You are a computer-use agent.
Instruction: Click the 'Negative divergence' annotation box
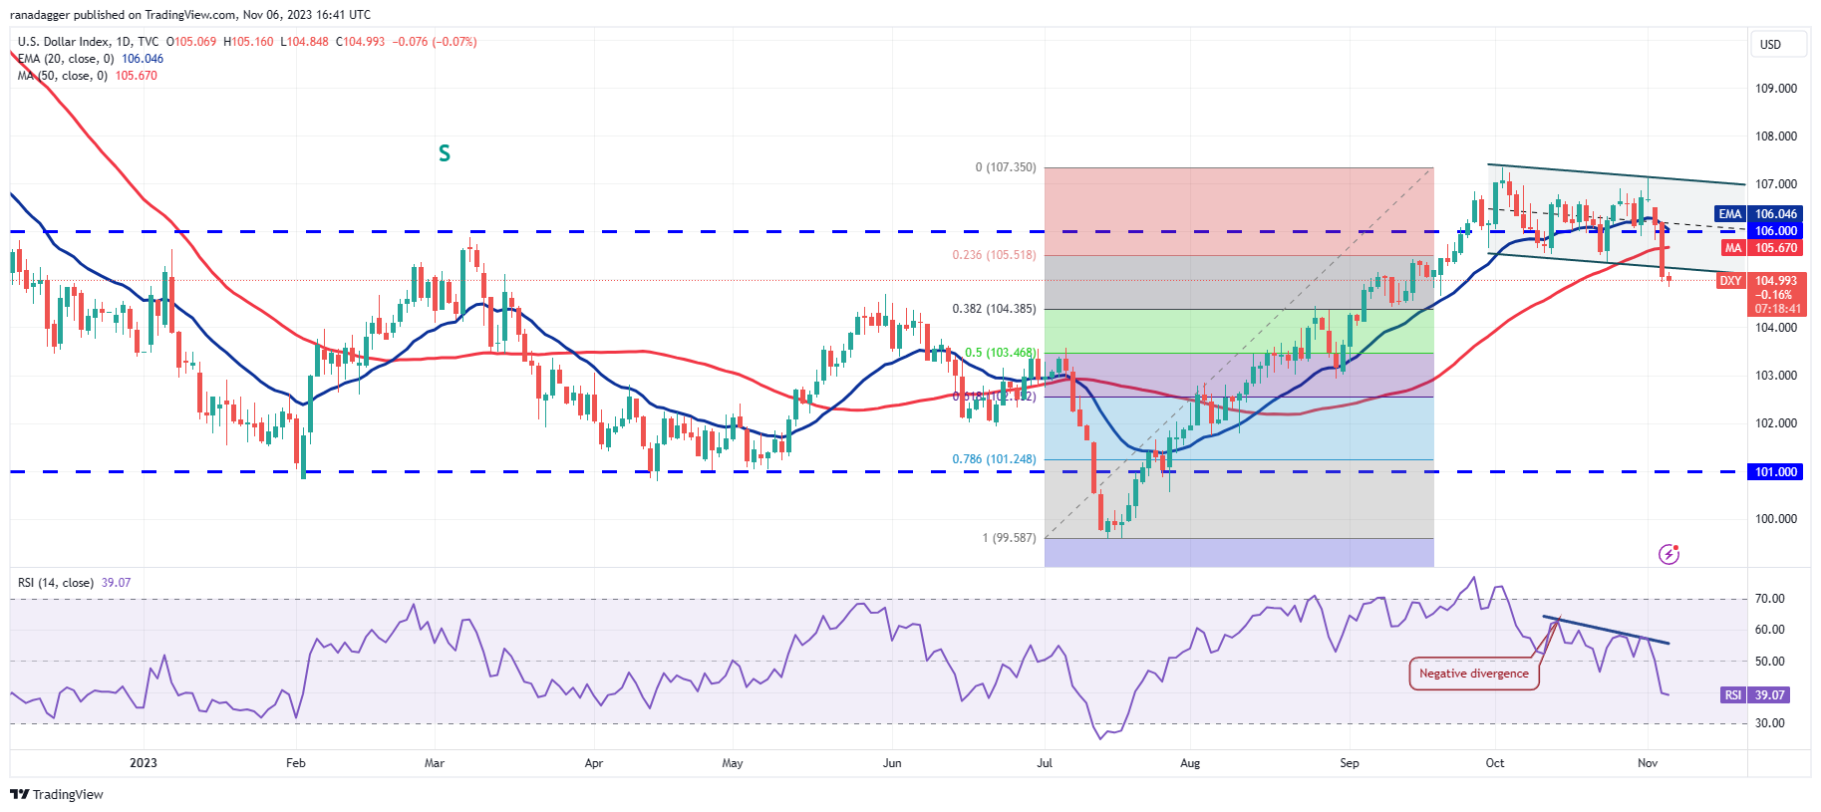pyautogui.click(x=1473, y=674)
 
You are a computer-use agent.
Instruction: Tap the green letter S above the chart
pyautogui.click(x=445, y=153)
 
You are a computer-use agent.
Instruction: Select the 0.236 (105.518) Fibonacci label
pyautogui.click(x=994, y=255)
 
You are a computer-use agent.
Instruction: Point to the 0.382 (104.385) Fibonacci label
pyautogui.click(x=994, y=309)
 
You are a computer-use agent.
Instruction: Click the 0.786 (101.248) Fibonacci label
pyautogui.click(x=994, y=459)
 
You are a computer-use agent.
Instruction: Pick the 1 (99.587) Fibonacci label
pyautogui.click(x=1009, y=538)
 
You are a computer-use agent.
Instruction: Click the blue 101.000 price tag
pyautogui.click(x=1775, y=472)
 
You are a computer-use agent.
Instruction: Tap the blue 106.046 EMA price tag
pyautogui.click(x=1776, y=214)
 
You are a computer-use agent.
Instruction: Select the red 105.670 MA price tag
pyautogui.click(x=1776, y=248)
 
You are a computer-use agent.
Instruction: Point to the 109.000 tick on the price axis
pyautogui.click(x=1775, y=89)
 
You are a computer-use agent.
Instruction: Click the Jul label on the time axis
pyautogui.click(x=1045, y=763)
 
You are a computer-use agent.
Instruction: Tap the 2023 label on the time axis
pyautogui.click(x=144, y=763)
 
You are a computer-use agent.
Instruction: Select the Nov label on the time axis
pyautogui.click(x=1648, y=763)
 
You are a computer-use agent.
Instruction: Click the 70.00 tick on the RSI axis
pyautogui.click(x=1769, y=599)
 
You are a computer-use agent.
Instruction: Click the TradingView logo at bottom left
pyautogui.click(x=57, y=794)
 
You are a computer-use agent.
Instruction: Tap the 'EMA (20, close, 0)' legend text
pyautogui.click(x=66, y=59)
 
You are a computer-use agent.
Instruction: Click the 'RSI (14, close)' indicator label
pyautogui.click(x=56, y=583)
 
